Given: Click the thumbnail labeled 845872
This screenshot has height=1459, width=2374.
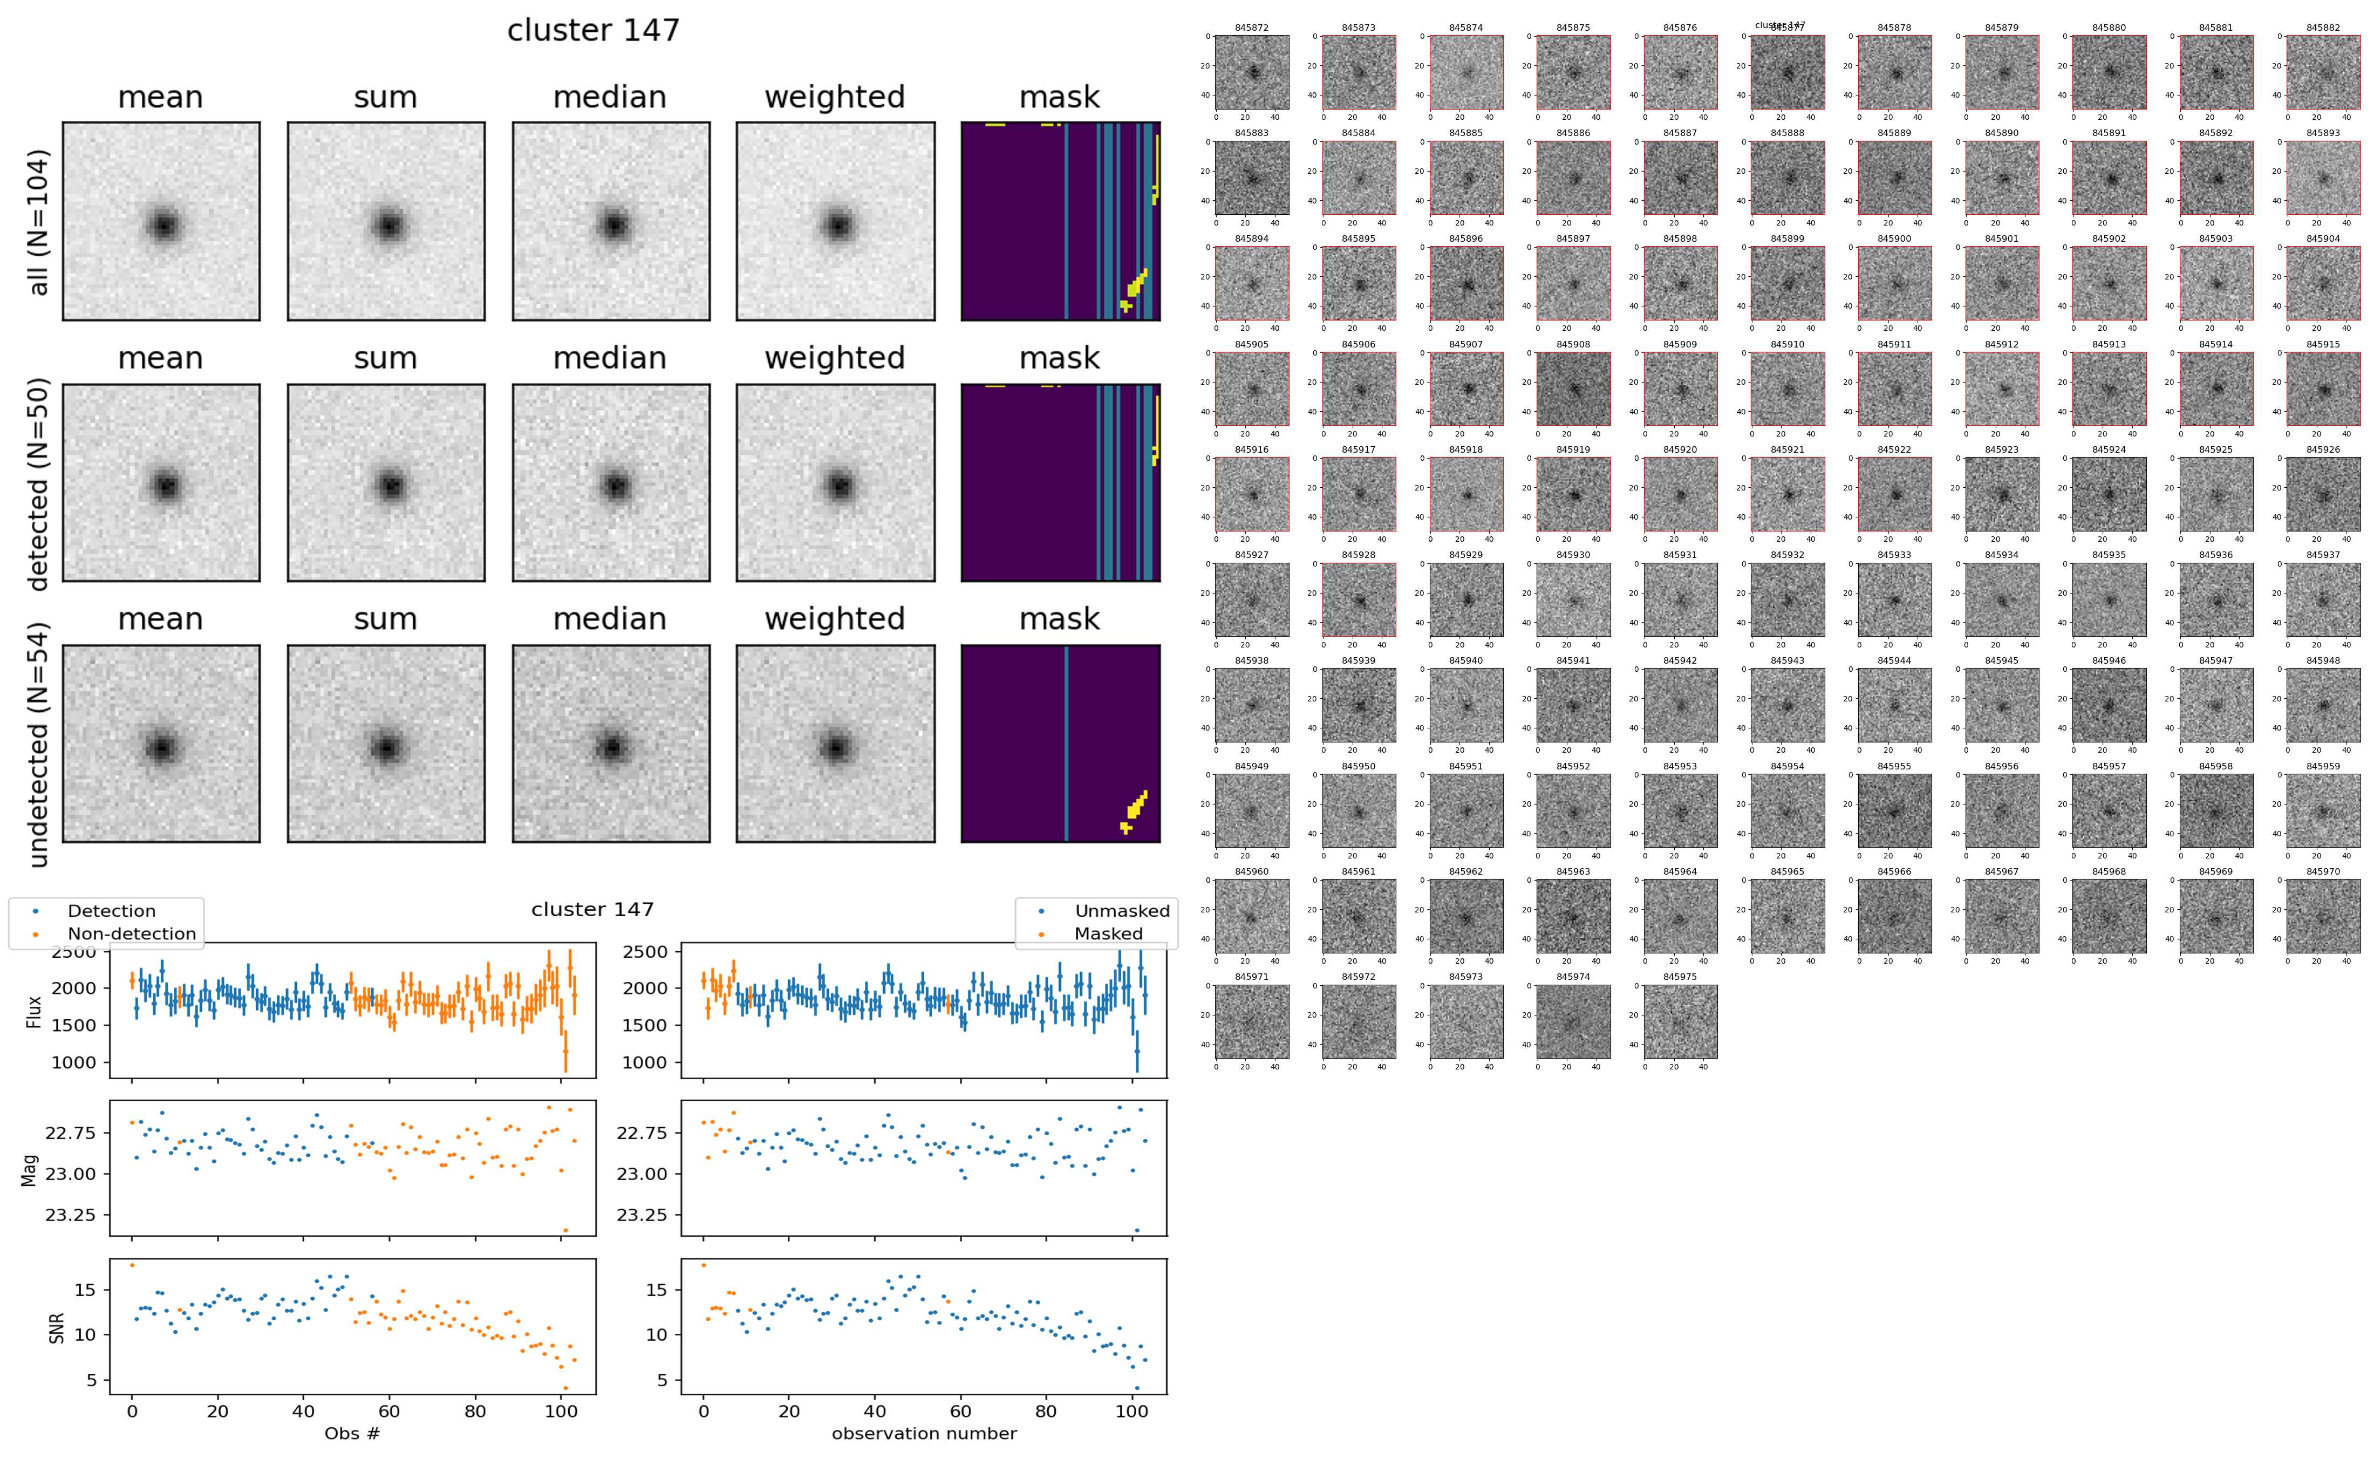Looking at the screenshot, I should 1251,72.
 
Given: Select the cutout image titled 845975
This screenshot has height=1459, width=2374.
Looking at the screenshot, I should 1680,1021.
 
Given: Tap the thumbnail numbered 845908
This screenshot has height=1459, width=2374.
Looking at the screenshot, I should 1572,389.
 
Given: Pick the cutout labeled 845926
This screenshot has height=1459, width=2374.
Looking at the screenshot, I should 2322,494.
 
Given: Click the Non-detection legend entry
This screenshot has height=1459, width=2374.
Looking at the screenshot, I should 131,933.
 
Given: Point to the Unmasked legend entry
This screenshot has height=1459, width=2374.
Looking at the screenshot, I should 1121,911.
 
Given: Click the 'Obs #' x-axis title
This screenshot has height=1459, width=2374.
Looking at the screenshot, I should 352,1433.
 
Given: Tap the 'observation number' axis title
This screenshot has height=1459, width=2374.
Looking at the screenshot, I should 923,1433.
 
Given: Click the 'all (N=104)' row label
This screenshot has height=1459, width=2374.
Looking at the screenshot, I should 39,222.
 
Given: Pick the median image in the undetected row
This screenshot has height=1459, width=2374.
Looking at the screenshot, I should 611,744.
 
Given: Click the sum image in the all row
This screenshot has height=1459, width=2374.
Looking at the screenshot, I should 386,221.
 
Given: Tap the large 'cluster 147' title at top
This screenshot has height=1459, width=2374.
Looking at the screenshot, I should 593,31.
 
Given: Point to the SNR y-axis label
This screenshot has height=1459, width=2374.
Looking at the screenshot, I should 57,1327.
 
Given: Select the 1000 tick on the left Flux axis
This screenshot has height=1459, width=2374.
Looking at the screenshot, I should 73,1062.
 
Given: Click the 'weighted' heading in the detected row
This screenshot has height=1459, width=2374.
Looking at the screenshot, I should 835,358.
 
